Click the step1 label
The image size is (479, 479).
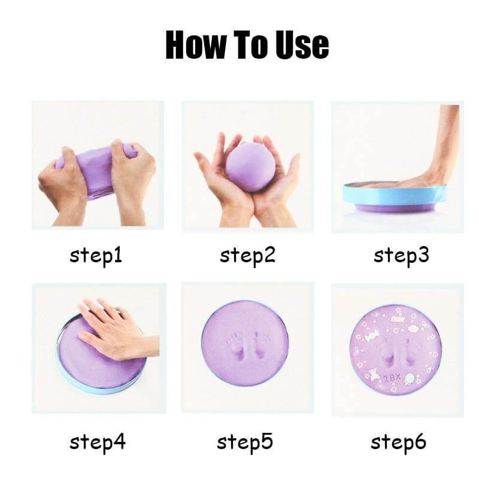(96, 256)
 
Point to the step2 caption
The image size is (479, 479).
(247, 256)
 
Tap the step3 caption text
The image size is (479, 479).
(401, 256)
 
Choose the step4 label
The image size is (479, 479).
(98, 442)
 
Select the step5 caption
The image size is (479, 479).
(245, 442)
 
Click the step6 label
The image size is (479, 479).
(398, 442)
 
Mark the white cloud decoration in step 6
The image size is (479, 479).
(413, 329)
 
